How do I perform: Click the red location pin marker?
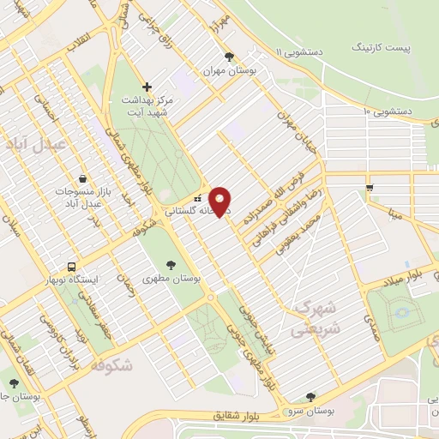(x=220, y=201)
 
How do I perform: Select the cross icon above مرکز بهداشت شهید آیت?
(x=147, y=87)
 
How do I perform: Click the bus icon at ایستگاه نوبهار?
(x=71, y=266)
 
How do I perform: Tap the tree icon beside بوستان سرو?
(x=310, y=397)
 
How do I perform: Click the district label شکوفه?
(x=111, y=365)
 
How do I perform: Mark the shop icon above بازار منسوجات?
(x=81, y=178)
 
